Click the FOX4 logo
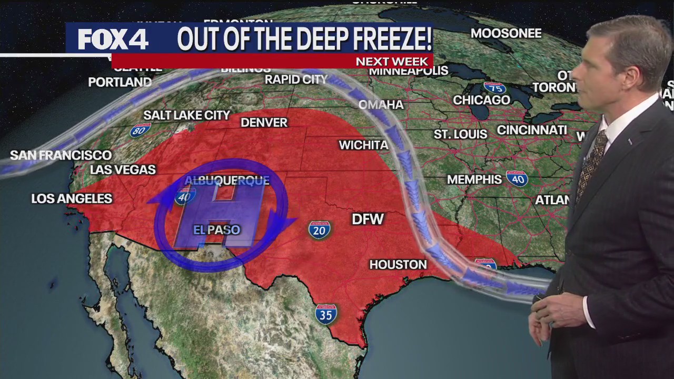coord(113,39)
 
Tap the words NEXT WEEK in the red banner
coord(392,61)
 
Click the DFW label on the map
coord(368,219)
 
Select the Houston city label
coord(398,264)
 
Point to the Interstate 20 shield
coord(320,230)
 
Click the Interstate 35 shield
coord(326,314)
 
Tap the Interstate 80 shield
coord(140,130)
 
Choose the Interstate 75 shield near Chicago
coord(494,87)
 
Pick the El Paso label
coord(217,230)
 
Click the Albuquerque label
coord(226,181)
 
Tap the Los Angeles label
coord(72,198)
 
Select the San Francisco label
coord(61,155)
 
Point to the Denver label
coord(264,123)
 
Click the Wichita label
coord(363,145)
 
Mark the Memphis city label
coord(474,179)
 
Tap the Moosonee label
coord(506,34)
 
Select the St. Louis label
coord(460,134)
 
